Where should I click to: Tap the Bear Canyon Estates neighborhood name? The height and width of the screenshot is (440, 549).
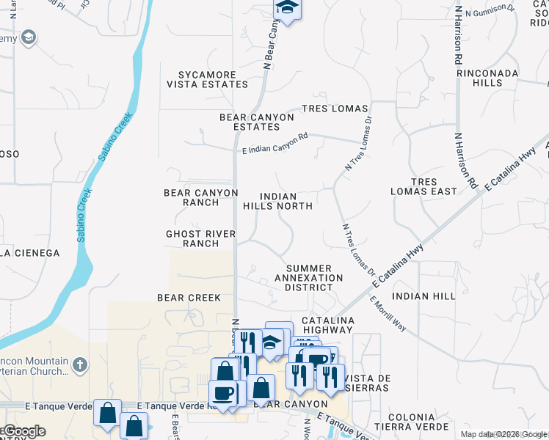(257, 122)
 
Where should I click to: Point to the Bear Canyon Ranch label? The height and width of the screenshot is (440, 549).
(201, 197)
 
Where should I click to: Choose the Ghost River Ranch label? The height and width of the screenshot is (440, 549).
(200, 238)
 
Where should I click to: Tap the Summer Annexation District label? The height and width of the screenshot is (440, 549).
(309, 278)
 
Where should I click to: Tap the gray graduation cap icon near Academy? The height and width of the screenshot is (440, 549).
(29, 37)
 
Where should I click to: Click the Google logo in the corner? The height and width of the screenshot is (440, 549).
(23, 431)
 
